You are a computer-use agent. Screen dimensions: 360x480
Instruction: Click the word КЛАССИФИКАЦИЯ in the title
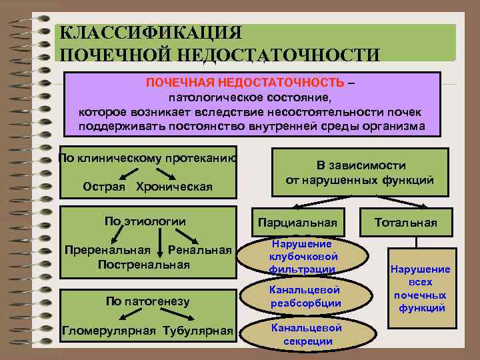point(151,33)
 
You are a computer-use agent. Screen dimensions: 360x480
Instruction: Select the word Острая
point(103,186)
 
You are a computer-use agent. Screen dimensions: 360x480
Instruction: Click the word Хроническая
point(174,186)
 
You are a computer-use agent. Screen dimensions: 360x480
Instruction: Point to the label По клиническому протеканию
point(147,158)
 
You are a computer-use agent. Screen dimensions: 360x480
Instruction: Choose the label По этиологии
point(145,221)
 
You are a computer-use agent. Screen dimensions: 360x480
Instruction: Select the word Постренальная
point(143,264)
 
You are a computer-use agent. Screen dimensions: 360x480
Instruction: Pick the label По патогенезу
point(147,301)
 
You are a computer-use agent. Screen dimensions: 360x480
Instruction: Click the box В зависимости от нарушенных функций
point(360,173)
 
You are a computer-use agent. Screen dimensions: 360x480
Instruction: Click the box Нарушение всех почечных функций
point(420,288)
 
